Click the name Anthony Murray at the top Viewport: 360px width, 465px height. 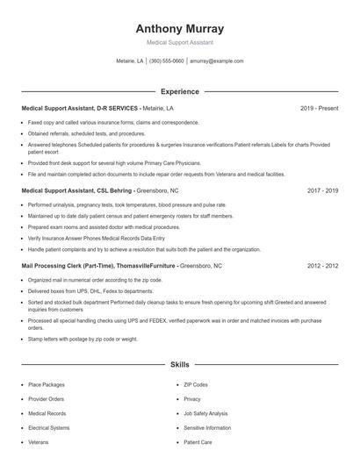click(x=179, y=28)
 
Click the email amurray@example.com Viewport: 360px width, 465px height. click(x=216, y=61)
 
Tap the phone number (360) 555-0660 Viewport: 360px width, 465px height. click(x=166, y=61)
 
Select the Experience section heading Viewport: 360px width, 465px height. click(x=179, y=91)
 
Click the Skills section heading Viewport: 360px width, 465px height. click(x=179, y=363)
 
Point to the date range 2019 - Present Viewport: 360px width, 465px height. click(x=319, y=108)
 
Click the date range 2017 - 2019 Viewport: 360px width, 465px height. click(x=321, y=190)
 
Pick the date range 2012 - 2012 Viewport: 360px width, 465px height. click(x=321, y=265)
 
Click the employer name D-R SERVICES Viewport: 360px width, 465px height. click(x=117, y=108)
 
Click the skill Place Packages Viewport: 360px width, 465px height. click(x=46, y=384)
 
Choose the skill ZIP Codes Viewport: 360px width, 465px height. click(x=195, y=384)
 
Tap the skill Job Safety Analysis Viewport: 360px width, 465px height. click(x=205, y=413)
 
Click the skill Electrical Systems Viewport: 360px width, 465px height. click(x=48, y=427)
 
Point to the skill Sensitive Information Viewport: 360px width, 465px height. click(x=207, y=427)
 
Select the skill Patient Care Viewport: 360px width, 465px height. click(x=198, y=442)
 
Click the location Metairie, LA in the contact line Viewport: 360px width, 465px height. click(x=129, y=61)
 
